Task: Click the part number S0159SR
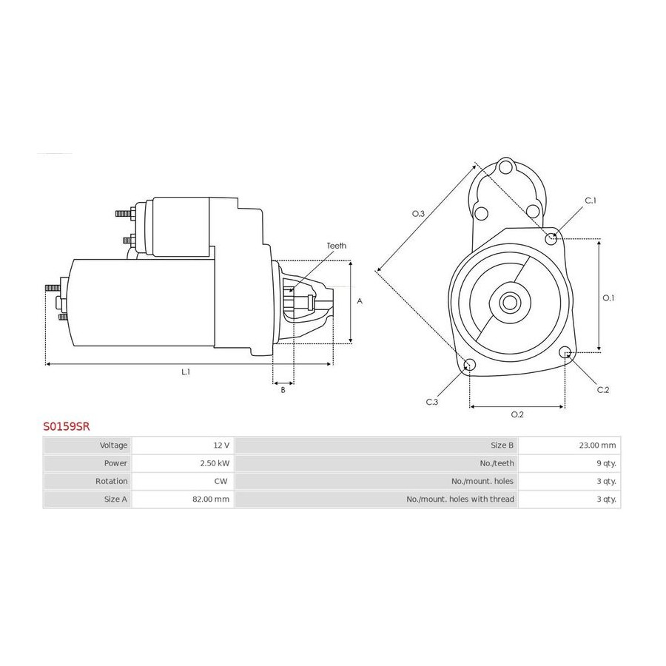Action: (67, 426)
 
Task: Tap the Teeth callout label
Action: (337, 246)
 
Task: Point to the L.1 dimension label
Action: (186, 372)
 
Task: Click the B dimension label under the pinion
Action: (283, 390)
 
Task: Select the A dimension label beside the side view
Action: (360, 301)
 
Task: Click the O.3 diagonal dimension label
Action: (418, 214)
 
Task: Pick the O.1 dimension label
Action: (609, 298)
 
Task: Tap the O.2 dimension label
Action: (517, 414)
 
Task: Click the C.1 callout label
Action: (591, 201)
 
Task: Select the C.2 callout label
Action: (603, 390)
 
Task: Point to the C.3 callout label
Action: (432, 402)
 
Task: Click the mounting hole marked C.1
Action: (551, 238)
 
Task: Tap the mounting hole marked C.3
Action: (469, 364)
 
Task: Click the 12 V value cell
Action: (221, 445)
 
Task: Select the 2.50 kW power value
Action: (215, 463)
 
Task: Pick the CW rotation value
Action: (221, 481)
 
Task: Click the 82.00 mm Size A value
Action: (211, 499)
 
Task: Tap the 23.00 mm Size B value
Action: (597, 445)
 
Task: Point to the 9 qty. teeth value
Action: (606, 463)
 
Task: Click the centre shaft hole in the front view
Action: (509, 303)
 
